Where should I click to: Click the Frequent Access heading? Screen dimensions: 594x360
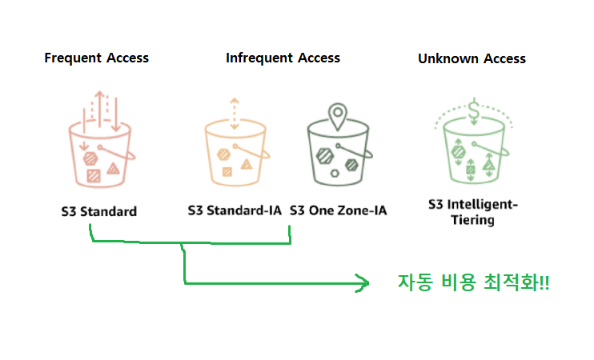[96, 58]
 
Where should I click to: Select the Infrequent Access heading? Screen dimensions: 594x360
[283, 58]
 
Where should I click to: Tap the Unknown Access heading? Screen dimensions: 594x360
[472, 58]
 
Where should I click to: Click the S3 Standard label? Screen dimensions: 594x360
[99, 212]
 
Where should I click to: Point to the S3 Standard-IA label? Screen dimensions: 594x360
[235, 211]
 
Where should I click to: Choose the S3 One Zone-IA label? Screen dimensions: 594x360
[338, 211]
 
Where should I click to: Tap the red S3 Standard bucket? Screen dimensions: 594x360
[98, 157]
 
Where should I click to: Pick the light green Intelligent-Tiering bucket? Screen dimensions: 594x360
[472, 152]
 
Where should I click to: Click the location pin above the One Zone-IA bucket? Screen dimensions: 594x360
[339, 114]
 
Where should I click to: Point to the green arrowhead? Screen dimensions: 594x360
[363, 282]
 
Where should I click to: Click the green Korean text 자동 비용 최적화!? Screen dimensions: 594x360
[473, 282]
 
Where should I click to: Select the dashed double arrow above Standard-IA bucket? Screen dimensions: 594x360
[233, 113]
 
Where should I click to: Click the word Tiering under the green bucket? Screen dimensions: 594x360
[472, 220]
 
